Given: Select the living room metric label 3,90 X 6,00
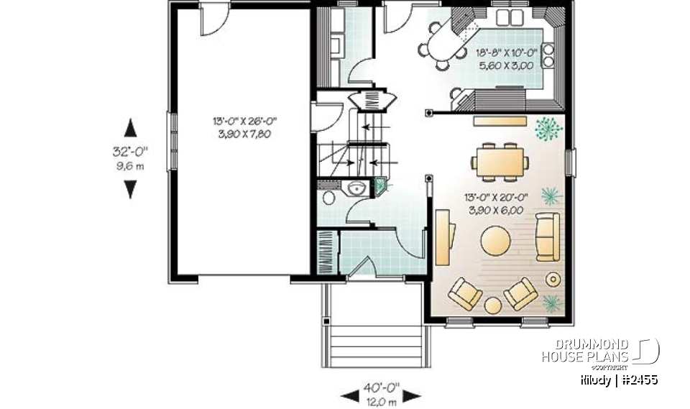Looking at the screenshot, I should coord(494,210).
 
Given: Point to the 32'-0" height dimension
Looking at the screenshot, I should coord(129,152).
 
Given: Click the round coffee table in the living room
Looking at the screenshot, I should coord(495,242).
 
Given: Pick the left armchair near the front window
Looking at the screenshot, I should coord(465,293).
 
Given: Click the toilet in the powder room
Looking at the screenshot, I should coord(328,197).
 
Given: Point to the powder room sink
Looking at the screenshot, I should coord(355,188).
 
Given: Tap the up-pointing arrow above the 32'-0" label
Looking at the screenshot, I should coord(130,129).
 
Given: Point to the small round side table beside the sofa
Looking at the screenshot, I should coord(554,278).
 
